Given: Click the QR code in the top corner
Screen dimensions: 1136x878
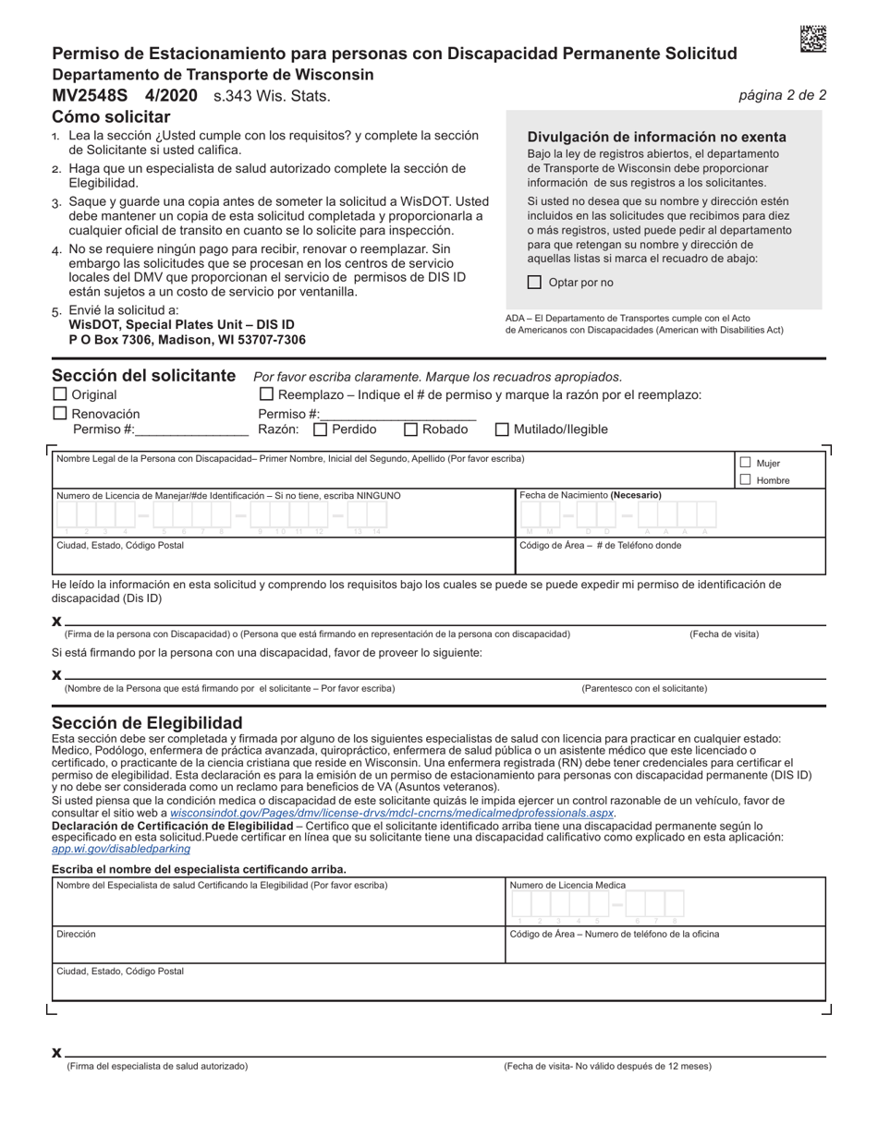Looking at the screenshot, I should pyautogui.click(x=812, y=39).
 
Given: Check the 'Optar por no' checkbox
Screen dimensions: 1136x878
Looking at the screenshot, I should pyautogui.click(x=534, y=283).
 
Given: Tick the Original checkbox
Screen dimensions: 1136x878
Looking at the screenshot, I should pyautogui.click(x=60, y=394).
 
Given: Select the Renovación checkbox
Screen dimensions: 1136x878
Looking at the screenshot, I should pyautogui.click(x=60, y=414).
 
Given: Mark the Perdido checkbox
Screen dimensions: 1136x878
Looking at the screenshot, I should pyautogui.click(x=321, y=429).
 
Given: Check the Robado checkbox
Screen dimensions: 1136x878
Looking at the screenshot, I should pyautogui.click(x=411, y=429).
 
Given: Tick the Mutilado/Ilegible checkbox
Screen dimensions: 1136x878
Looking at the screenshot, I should pyautogui.click(x=503, y=429).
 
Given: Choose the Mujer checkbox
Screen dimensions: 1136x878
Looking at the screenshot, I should pyautogui.click(x=745, y=463).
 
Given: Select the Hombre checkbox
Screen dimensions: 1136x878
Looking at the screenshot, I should pyautogui.click(x=745, y=479).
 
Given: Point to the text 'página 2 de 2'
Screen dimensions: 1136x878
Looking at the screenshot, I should pyautogui.click(x=782, y=95).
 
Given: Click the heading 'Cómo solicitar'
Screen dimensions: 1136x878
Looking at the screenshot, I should pyautogui.click(x=111, y=116).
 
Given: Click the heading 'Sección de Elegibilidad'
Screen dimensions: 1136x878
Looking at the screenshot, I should pyautogui.click(x=147, y=722).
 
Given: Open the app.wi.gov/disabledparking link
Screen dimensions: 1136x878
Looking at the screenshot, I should pyautogui.click(x=121, y=848).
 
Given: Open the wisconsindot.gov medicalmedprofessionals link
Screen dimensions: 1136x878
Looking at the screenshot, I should pyautogui.click(x=392, y=813).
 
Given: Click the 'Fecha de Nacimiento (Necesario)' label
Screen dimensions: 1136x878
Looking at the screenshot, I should pyautogui.click(x=590, y=496).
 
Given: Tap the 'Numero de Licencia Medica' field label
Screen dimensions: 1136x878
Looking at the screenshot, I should pyautogui.click(x=567, y=885).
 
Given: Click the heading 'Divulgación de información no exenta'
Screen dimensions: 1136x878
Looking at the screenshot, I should pyautogui.click(x=656, y=137).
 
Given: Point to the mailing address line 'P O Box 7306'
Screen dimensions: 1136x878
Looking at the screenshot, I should pyautogui.click(x=187, y=340).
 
